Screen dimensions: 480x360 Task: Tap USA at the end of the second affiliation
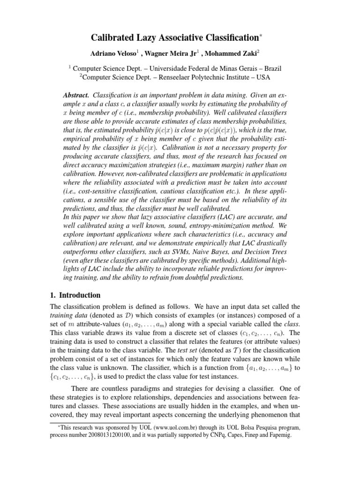pyautogui.click(x=262, y=77)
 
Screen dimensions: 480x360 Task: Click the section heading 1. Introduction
pyautogui.click(x=75, y=295)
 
